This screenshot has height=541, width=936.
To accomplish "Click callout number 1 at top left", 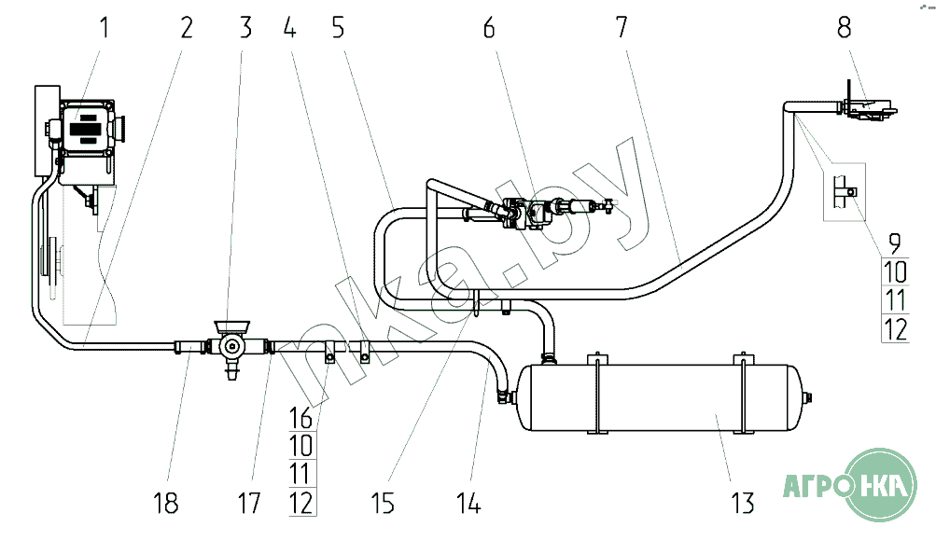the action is click(x=105, y=27).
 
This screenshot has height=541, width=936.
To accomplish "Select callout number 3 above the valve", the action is click(x=245, y=27).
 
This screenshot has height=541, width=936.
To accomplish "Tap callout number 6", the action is click(x=489, y=27).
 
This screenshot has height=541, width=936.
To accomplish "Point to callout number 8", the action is click(x=844, y=27).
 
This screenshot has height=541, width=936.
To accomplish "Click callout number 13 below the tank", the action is click(x=743, y=503).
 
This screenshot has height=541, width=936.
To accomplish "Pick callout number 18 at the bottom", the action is click(x=166, y=503).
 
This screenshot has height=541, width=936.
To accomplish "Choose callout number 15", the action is click(x=383, y=503).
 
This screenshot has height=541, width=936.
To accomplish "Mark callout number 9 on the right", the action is click(x=894, y=243).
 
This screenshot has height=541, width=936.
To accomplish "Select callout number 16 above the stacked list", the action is click(x=300, y=418).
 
